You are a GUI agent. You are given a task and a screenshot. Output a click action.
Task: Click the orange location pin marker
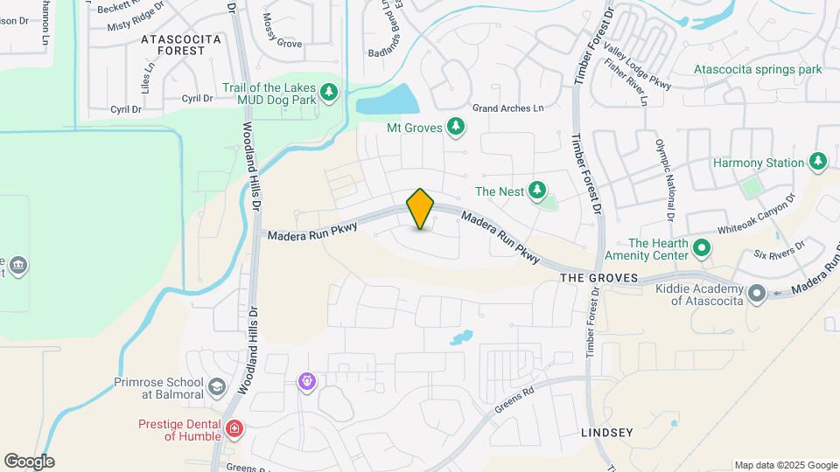coord(420,209)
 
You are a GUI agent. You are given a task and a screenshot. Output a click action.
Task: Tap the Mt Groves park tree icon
coord(455,128)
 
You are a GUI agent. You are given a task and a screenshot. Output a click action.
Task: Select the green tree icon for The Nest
coord(536,190)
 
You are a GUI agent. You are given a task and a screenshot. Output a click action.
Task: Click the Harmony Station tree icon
coord(818,162)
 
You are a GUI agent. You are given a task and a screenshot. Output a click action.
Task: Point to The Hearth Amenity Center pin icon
coord(701,249)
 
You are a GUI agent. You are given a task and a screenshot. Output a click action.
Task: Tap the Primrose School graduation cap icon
coord(217,386)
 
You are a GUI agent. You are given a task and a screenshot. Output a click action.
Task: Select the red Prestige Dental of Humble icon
coord(234,428)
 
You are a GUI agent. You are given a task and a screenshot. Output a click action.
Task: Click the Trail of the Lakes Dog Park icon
coord(329,93)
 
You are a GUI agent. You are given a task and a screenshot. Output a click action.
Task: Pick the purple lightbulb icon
coord(306,381)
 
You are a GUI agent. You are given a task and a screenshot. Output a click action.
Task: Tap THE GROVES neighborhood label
coord(595,277)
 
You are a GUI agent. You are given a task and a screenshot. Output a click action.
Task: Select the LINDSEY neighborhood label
coord(606,433)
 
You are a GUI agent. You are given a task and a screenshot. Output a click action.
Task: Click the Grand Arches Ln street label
coord(507,108)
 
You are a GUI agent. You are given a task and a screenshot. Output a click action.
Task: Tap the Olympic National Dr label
coord(666,178)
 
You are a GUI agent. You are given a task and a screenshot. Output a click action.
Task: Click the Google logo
coord(29,462)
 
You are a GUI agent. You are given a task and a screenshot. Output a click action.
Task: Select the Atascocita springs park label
coord(758,69)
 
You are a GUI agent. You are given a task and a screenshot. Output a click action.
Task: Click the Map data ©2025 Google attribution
coord(785,465)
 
